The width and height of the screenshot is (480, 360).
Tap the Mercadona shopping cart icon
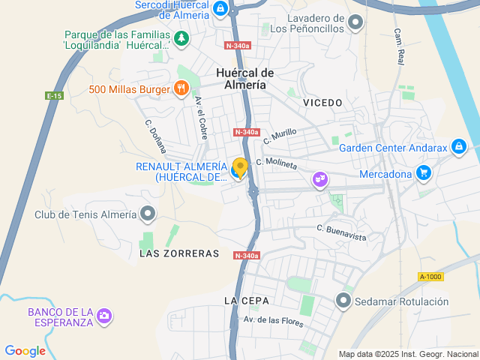point(424,174)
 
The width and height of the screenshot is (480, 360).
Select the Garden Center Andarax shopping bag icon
point(459,147)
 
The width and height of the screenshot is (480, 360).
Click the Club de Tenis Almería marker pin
point(148,214)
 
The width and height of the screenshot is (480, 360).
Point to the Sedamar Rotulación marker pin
point(344,301)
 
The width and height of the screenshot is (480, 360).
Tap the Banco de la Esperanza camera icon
point(105,316)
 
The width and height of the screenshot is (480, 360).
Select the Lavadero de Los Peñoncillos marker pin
point(356,21)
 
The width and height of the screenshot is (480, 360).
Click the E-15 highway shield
point(53,96)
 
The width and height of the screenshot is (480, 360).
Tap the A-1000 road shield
point(430,277)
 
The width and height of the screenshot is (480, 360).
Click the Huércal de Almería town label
point(244,79)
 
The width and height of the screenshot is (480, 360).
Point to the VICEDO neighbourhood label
point(323,102)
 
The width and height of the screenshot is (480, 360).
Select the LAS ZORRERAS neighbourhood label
point(179,253)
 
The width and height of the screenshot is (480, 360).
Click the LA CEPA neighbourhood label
point(245,301)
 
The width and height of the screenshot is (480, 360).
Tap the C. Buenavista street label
point(341,232)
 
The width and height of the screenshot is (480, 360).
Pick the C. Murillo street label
point(280,136)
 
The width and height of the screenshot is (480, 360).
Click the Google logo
point(25,351)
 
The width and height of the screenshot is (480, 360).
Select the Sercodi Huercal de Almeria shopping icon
point(220,9)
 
